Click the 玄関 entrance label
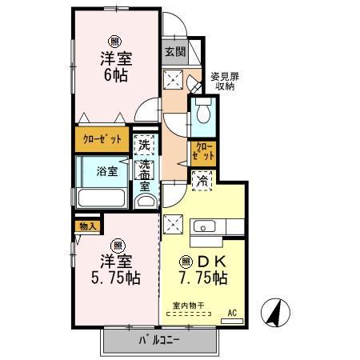[175, 52]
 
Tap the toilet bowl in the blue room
[203, 111]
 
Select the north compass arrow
[275, 313]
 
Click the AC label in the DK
[232, 313]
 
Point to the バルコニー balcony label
[160, 340]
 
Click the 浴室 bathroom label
[107, 171]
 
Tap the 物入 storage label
[88, 226]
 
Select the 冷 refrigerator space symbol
[202, 182]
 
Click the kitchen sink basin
[205, 226]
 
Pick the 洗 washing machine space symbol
[144, 145]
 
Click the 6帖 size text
[116, 76]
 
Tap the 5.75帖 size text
[116, 278]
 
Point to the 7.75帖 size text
[203, 278]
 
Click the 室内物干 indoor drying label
[189, 306]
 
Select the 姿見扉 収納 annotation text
[225, 82]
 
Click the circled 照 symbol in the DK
[186, 262]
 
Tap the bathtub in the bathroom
[102, 198]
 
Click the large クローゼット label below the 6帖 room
[102, 139]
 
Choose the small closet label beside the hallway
[203, 150]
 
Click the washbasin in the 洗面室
[145, 202]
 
